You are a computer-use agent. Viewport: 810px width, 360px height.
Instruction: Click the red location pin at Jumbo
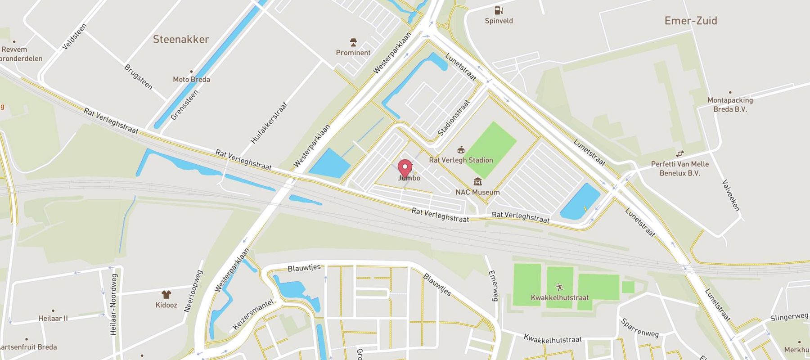tap(405, 168)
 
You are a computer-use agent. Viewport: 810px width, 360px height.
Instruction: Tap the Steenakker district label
tap(181, 39)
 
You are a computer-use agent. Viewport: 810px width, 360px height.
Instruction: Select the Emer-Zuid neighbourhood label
tap(691, 21)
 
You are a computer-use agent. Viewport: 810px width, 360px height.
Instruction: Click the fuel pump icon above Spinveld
tap(499, 10)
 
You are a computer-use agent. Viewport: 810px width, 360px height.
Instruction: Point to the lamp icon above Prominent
tap(353, 43)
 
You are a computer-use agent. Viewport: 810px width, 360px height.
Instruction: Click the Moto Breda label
tap(191, 79)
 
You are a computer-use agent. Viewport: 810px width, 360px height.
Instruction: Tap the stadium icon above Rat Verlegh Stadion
tap(461, 150)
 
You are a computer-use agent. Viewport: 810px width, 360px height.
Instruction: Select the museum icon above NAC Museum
tap(477, 182)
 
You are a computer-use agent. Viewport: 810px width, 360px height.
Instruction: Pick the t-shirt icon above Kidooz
tap(166, 294)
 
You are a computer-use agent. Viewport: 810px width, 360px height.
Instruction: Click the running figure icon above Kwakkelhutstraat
tap(559, 287)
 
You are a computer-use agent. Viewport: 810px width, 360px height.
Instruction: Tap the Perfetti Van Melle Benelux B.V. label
tap(679, 168)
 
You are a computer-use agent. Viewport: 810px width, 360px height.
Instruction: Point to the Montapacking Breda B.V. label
tap(729, 104)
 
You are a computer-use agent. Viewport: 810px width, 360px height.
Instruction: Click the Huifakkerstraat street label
tap(269, 123)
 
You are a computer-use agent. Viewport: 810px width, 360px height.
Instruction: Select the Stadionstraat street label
tap(454, 118)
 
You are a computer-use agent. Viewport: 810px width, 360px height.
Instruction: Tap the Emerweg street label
tap(494, 285)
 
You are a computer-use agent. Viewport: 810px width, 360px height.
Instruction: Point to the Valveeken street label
tap(731, 195)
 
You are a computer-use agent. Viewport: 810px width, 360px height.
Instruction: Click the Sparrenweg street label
tap(639, 328)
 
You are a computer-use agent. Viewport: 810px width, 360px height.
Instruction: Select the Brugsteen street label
tap(138, 77)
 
